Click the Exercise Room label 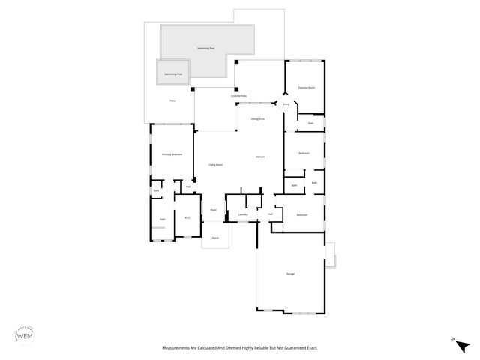[x=306, y=88]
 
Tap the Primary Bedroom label [x=172, y=154]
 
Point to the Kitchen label [x=260, y=157]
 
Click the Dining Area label [x=257, y=119]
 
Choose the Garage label [x=290, y=274]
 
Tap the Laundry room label [x=243, y=215]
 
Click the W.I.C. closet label [x=187, y=218]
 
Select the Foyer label [x=214, y=211]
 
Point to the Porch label [x=214, y=238]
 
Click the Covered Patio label [x=239, y=97]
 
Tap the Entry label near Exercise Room [x=286, y=104]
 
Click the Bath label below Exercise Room [x=310, y=123]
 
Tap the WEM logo [x=25, y=337]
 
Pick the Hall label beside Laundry [x=270, y=214]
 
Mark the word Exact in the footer [x=310, y=348]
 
